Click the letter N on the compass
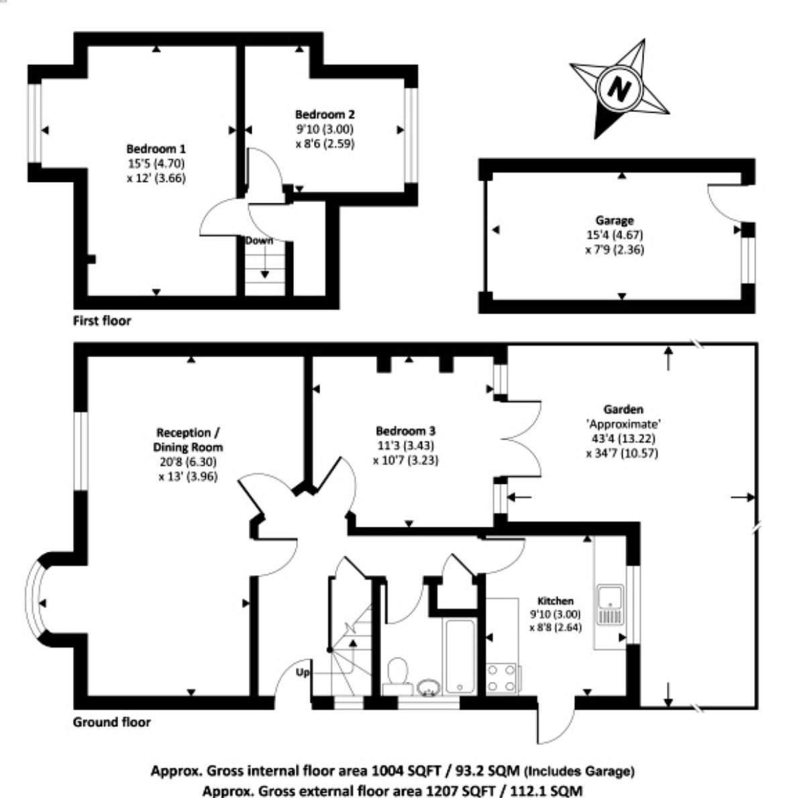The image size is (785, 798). coord(619,88)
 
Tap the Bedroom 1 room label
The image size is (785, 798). coord(156,149)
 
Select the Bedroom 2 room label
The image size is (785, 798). coord(325,115)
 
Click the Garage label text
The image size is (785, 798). coord(615,220)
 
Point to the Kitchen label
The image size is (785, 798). coord(555,601)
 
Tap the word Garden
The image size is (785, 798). coord(623,409)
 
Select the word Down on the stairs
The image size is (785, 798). coord(258,240)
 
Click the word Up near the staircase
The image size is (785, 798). coord(303,671)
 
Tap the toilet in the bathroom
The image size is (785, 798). coord(398,672)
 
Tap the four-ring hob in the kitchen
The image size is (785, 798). coord(502,678)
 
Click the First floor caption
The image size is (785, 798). coord(102,321)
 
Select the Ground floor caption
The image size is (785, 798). coord(111,722)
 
